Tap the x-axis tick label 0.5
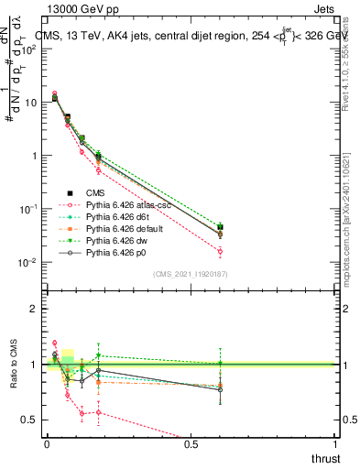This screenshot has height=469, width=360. click(191, 444)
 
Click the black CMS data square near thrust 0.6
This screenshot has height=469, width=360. click(220, 227)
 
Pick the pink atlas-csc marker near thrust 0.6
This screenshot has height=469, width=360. click(220, 251)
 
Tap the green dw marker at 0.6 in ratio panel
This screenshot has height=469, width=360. click(220, 364)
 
